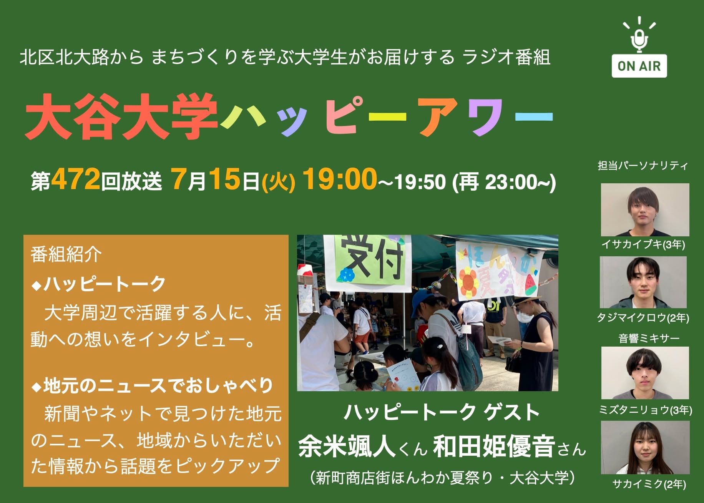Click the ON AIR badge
639,66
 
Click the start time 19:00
340,179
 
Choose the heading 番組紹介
66,254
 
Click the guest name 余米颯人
347,447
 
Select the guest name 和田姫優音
494,447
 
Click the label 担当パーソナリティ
643,166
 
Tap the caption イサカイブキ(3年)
643,244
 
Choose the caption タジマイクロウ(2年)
643,317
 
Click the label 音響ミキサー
649,338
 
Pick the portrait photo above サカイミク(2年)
645,448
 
